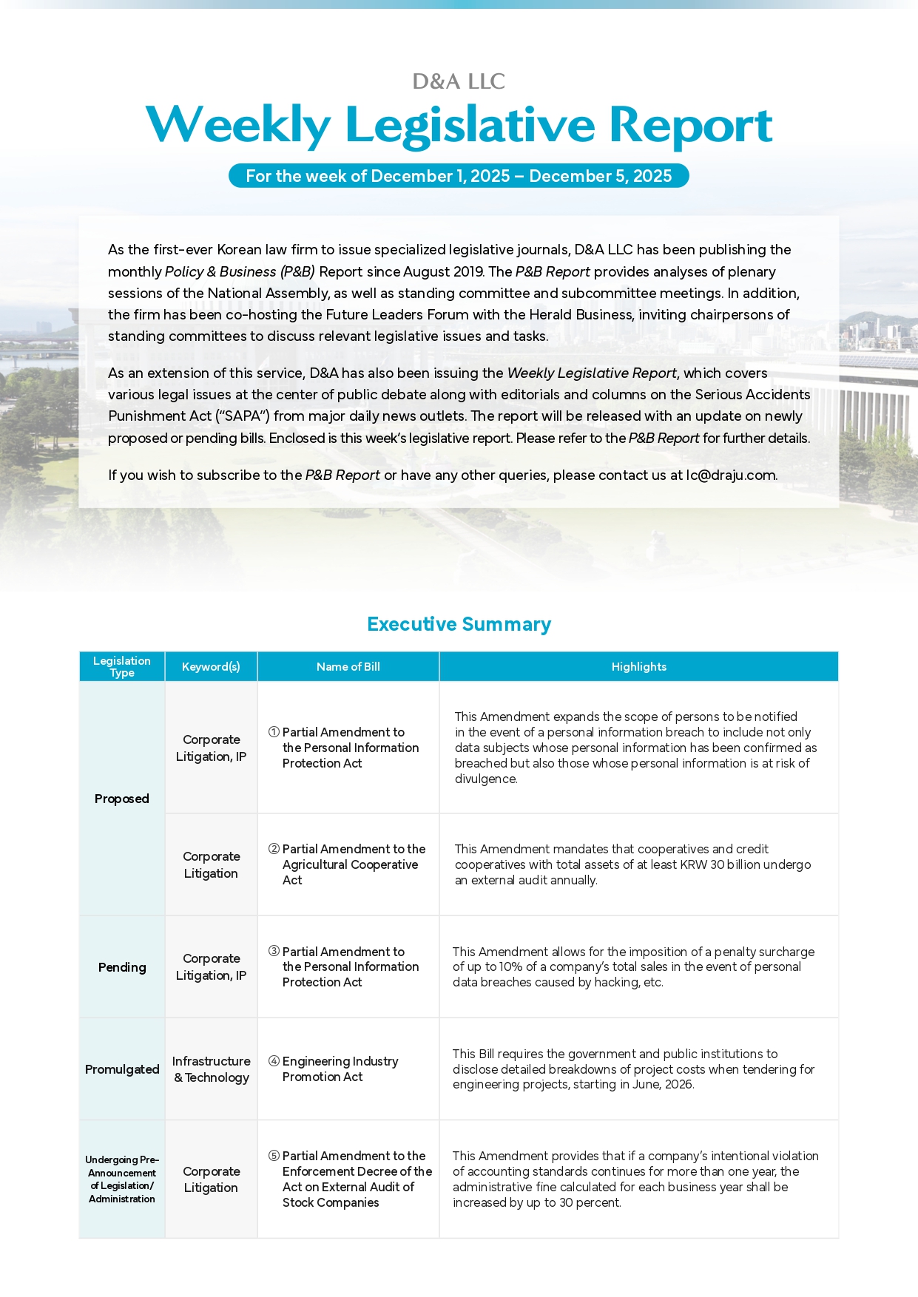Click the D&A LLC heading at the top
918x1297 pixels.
pyautogui.click(x=459, y=81)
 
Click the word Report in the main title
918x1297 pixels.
pyautogui.click(x=691, y=125)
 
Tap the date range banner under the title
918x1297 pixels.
pyautogui.click(x=459, y=176)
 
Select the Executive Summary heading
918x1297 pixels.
pyautogui.click(x=459, y=624)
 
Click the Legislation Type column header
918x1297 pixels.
pyautogui.click(x=122, y=666)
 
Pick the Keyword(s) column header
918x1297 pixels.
pyautogui.click(x=211, y=666)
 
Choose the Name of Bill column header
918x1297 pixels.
pyautogui.click(x=348, y=666)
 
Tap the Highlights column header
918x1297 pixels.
pyautogui.click(x=638, y=666)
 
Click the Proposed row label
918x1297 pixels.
pyautogui.click(x=122, y=799)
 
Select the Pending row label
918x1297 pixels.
pyautogui.click(x=122, y=967)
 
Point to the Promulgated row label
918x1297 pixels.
pyautogui.click(x=122, y=1069)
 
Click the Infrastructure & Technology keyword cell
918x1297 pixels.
pyautogui.click(x=211, y=1069)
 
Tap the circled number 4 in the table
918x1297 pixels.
pyautogui.click(x=274, y=1061)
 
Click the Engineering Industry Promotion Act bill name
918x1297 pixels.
pyautogui.click(x=340, y=1069)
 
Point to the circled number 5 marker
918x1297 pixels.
pyautogui.click(x=274, y=1156)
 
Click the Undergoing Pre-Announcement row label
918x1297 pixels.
pyautogui.click(x=122, y=1179)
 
